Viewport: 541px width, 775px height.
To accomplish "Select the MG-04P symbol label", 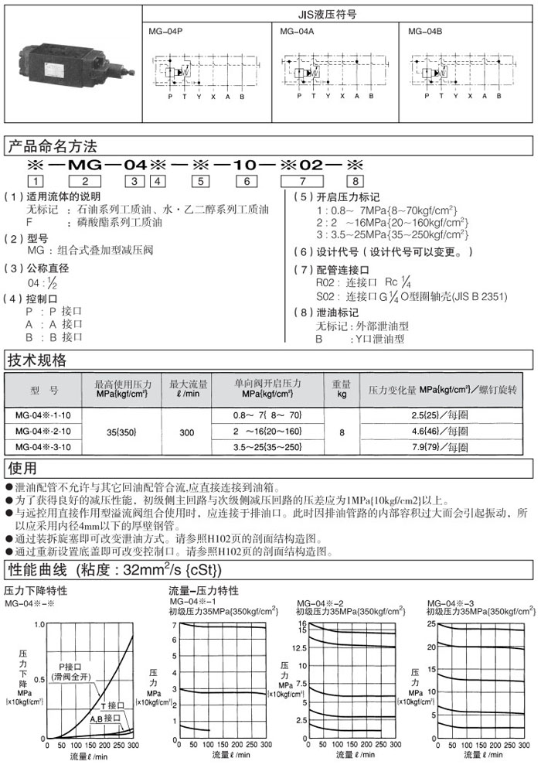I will [163, 32].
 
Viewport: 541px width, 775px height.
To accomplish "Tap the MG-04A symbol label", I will [294, 32].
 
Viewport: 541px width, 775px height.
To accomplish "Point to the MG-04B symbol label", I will [424, 32].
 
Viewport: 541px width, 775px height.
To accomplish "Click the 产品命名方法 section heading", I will [52, 145].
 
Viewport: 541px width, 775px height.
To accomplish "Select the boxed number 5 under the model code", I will [201, 181].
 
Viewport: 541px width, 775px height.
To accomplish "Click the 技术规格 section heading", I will [36, 360].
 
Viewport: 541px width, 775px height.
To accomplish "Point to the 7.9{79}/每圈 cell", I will [451, 447].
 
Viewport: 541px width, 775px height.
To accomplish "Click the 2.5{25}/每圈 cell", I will [451, 415].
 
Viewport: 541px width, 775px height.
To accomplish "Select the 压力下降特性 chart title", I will [36, 591].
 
